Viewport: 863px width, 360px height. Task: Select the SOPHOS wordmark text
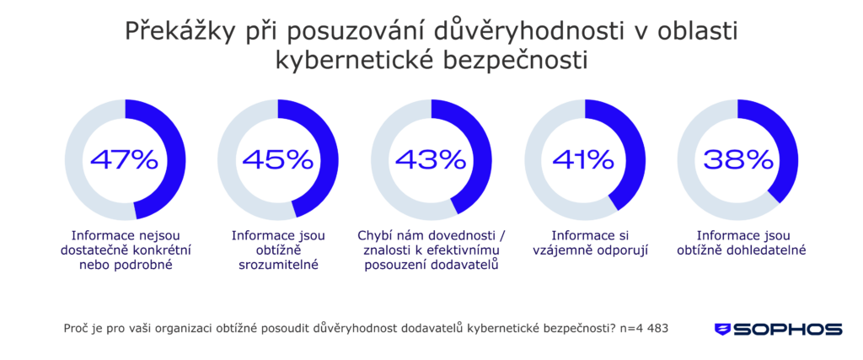pyautogui.click(x=787, y=330)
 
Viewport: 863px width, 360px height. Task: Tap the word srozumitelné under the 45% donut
pyautogui.click(x=278, y=266)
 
